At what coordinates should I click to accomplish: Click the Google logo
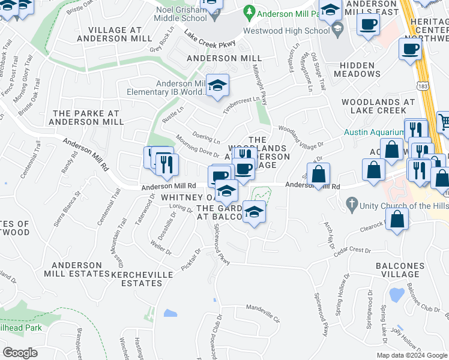pos(20,353)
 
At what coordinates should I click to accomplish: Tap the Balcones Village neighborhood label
pos(412,265)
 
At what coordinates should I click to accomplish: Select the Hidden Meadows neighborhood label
pos(360,70)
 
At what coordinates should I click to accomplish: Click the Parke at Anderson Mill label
pos(86,117)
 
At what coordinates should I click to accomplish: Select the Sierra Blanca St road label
pos(67,208)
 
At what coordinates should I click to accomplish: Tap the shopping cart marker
pos(444,122)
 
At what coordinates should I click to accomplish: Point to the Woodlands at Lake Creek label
pos(378,106)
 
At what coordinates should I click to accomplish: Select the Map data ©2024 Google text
pos(412,355)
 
